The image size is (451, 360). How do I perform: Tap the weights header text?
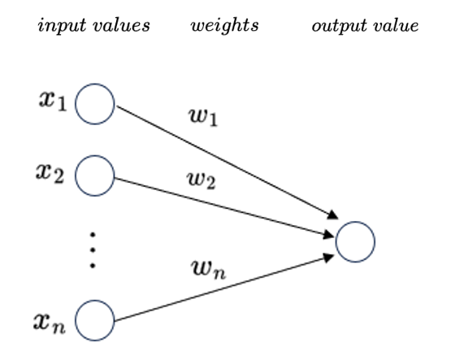(x=224, y=25)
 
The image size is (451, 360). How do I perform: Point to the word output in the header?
(x=336, y=25)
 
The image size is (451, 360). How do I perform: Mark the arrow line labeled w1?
(x=228, y=162)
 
